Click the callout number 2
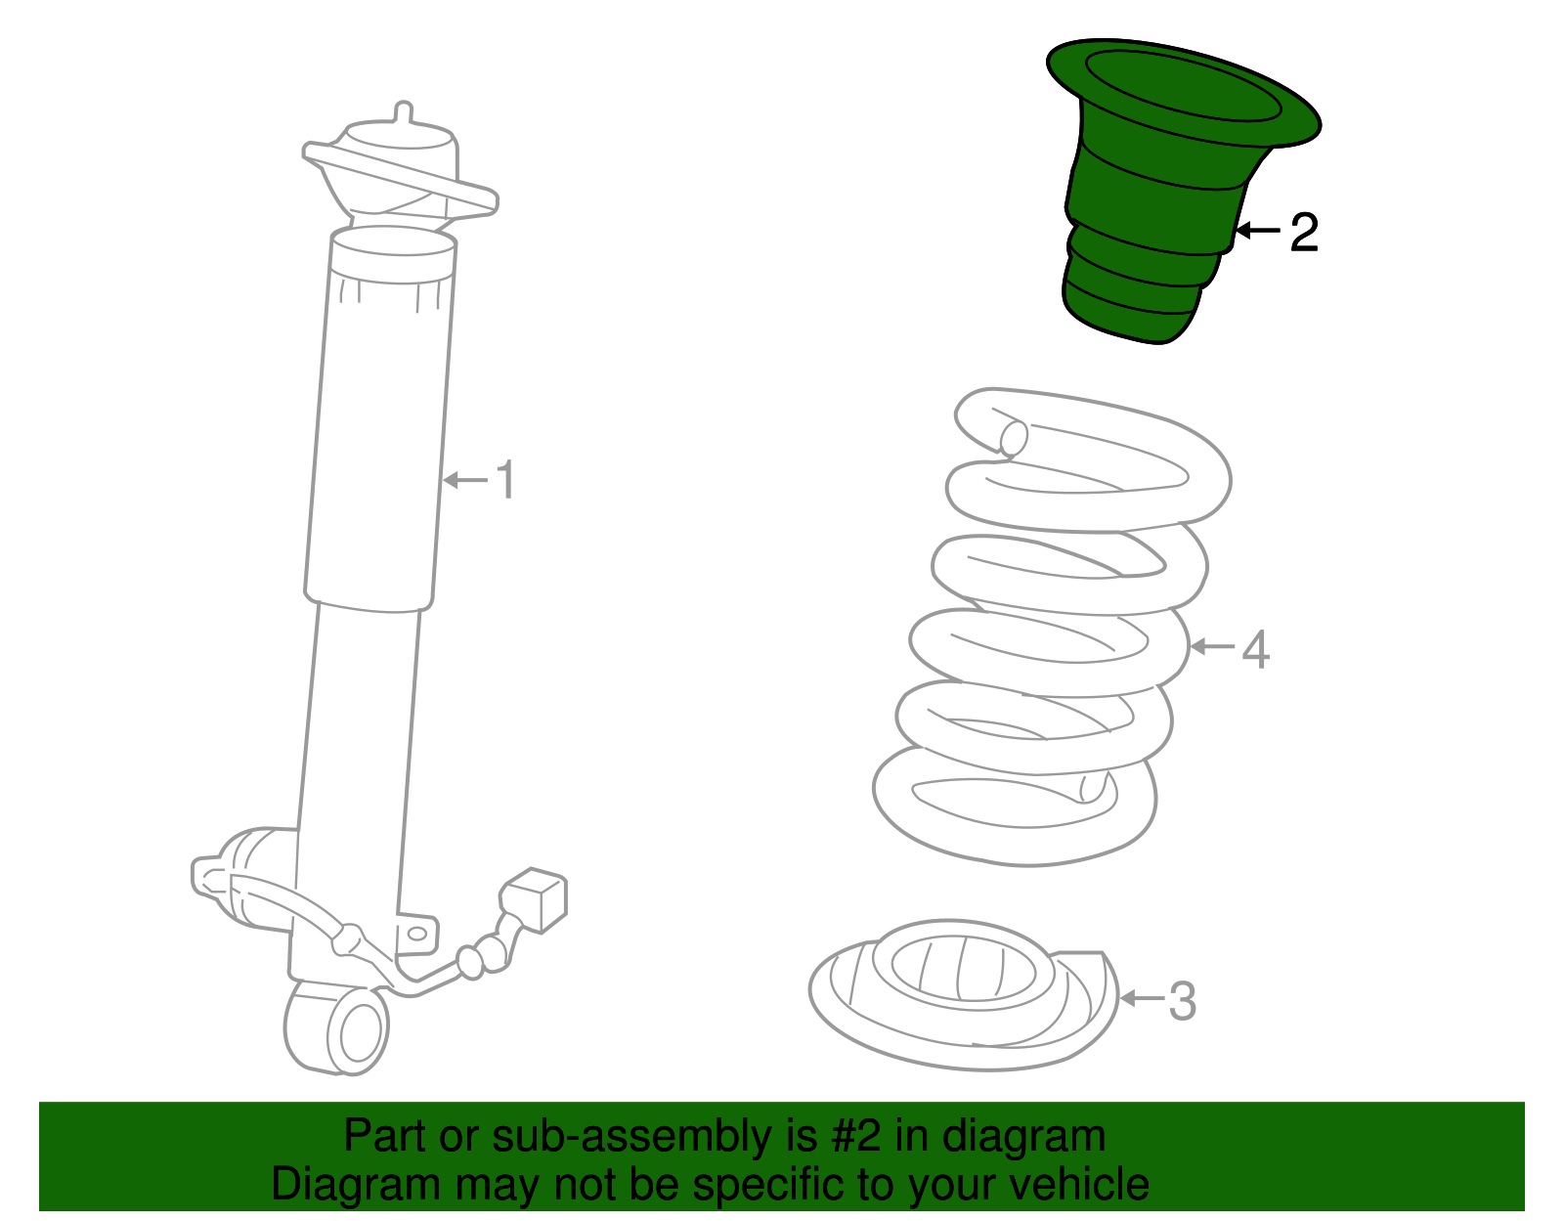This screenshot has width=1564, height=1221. click(x=1304, y=232)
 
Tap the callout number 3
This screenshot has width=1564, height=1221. click(x=1181, y=1001)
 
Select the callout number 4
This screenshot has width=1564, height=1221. click(x=1256, y=650)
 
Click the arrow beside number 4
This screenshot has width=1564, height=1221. click(x=1213, y=647)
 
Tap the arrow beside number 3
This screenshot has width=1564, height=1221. click(x=1143, y=998)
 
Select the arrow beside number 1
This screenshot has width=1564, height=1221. click(x=465, y=480)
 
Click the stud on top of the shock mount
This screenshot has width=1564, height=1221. click(x=404, y=113)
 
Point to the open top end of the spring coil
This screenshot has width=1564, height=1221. click(x=1013, y=438)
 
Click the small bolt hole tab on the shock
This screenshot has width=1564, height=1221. click(x=418, y=935)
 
